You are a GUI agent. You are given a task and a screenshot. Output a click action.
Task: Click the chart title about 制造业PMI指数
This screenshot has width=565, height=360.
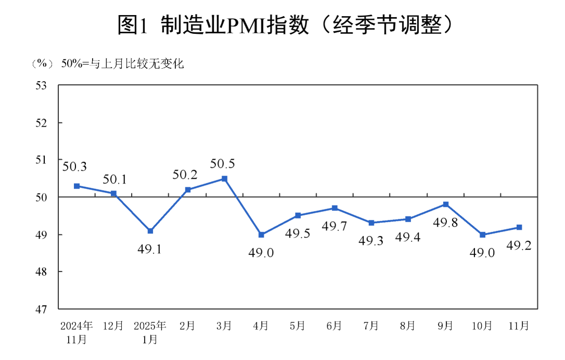282,24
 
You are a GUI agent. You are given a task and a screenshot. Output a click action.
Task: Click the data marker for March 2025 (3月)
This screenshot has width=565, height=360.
224,178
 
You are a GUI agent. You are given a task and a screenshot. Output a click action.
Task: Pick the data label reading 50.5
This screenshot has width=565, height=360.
222,164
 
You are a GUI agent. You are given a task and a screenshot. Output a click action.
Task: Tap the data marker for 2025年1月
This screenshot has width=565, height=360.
150,231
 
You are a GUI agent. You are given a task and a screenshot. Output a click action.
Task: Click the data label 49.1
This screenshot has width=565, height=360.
150,249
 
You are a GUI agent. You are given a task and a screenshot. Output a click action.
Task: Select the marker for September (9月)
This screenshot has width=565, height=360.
446,204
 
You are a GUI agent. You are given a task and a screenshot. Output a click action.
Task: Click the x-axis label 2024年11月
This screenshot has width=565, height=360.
76,332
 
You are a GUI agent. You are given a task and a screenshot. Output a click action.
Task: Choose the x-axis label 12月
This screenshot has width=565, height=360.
113,326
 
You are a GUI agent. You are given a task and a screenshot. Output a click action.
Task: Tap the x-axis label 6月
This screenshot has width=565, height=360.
334,326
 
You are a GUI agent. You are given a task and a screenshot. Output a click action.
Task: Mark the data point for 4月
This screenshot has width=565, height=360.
261,235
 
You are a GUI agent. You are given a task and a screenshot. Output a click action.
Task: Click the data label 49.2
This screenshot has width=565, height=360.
519,246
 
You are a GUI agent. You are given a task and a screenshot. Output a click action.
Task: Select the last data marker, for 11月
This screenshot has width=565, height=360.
519,227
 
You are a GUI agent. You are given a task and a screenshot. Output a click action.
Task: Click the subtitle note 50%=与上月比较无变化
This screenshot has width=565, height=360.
123,64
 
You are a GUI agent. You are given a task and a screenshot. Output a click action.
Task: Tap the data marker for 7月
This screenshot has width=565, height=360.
371,223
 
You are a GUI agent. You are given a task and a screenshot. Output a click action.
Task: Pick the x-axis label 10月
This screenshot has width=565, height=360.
482,326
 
